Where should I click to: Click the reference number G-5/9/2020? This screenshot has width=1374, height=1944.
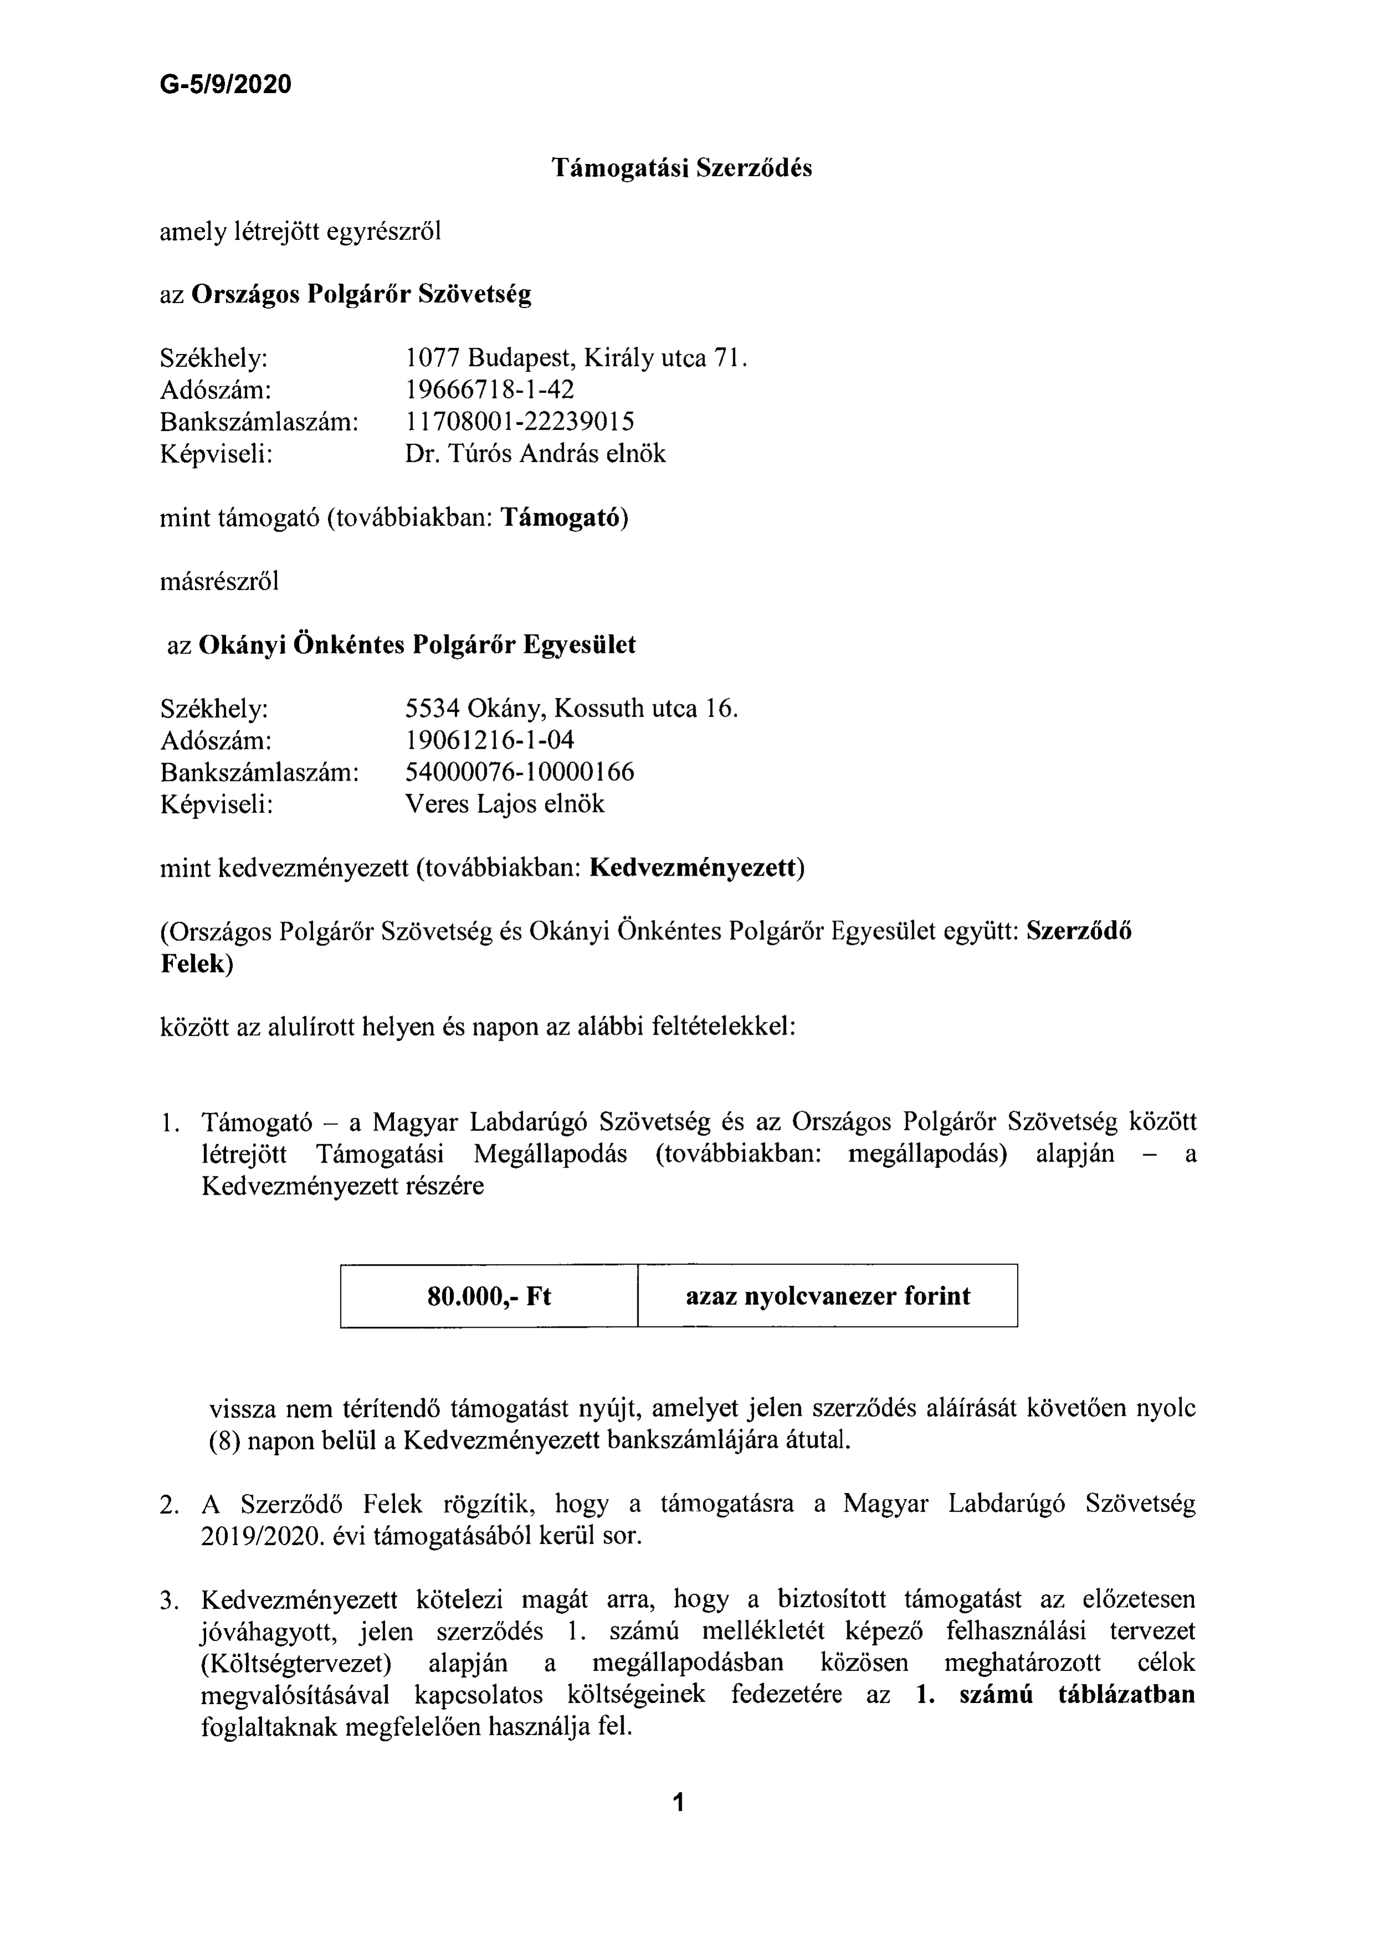(x=225, y=85)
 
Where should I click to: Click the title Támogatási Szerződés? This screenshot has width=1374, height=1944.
(x=682, y=168)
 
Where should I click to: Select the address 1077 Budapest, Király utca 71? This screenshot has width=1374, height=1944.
(x=576, y=359)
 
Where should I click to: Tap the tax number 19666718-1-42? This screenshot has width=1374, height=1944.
(x=489, y=390)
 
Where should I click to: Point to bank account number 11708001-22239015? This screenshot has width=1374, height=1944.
(x=520, y=422)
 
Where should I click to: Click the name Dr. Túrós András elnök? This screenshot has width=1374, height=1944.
(x=535, y=454)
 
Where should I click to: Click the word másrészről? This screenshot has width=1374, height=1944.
(x=219, y=582)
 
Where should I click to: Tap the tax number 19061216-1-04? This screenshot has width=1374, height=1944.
(x=489, y=740)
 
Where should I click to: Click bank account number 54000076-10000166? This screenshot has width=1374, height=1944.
(x=520, y=772)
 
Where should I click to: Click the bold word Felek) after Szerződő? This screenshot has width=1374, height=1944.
(x=196, y=964)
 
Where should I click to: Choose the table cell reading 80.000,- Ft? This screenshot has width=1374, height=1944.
(x=489, y=1296)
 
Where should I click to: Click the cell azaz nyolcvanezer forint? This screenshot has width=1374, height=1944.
(x=827, y=1296)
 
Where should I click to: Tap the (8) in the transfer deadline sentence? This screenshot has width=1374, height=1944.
(x=224, y=1441)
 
